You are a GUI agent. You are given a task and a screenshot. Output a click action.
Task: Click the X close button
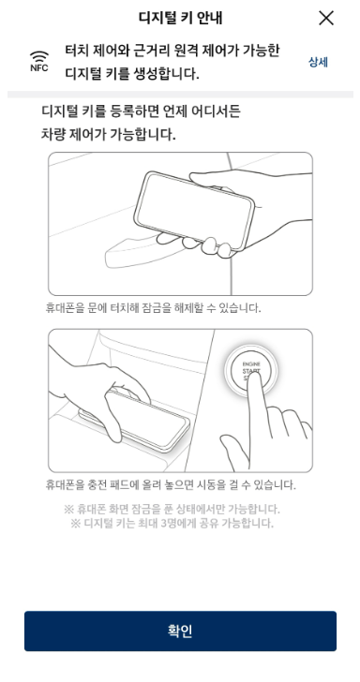point(326,19)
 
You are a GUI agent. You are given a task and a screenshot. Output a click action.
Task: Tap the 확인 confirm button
point(180,630)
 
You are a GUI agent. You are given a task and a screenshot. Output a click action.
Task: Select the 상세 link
point(318,62)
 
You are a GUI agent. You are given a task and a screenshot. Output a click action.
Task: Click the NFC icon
point(39,61)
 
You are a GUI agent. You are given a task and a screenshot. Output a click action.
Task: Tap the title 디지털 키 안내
point(180,18)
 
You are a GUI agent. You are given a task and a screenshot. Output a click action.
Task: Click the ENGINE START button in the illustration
point(250,371)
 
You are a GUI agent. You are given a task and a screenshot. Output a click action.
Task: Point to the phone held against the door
point(194,211)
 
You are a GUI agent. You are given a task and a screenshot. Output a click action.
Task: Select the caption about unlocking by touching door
point(153,308)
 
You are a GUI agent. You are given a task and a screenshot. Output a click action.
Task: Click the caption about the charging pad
point(171,484)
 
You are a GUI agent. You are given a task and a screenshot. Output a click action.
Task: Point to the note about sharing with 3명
point(172,523)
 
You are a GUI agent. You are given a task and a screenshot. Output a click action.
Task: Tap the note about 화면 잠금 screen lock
point(172,509)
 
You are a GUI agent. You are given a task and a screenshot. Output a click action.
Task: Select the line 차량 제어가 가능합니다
point(109,134)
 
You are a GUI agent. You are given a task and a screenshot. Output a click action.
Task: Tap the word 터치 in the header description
point(78,51)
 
